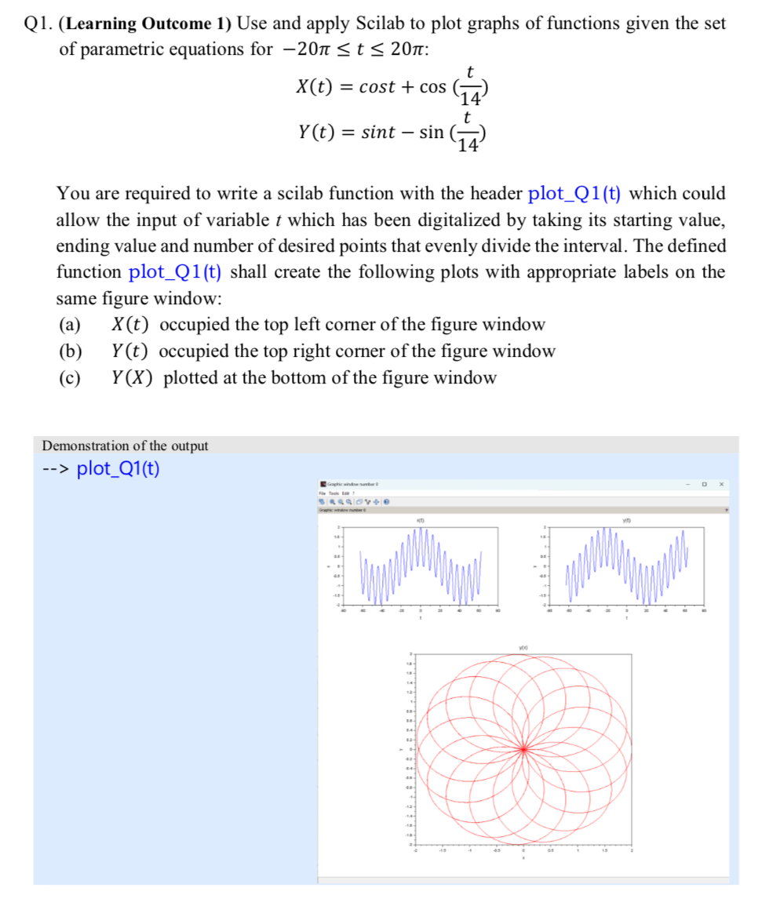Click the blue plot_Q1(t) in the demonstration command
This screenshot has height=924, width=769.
click(x=118, y=469)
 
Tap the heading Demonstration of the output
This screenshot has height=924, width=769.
click(x=125, y=446)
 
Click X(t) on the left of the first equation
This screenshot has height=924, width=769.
click(x=317, y=87)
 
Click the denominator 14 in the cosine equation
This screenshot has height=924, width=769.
click(x=469, y=100)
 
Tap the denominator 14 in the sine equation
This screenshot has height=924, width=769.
click(x=468, y=145)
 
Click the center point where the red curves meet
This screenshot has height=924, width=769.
click(x=523, y=750)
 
